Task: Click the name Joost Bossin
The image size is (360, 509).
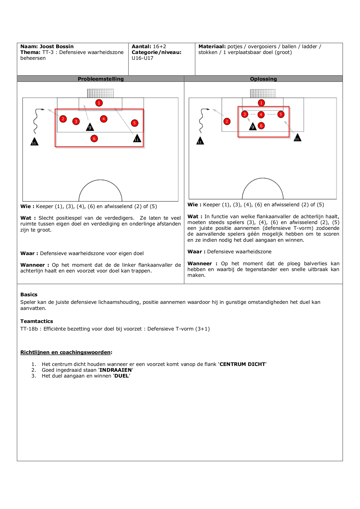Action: click(56, 46)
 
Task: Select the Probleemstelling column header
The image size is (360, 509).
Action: click(101, 79)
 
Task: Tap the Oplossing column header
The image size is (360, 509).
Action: click(263, 79)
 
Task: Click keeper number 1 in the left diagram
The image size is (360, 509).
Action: click(99, 103)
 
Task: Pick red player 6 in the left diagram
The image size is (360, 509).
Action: click(94, 138)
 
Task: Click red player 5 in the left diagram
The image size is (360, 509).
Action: click(134, 123)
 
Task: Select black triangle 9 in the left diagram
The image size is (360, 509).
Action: click(90, 127)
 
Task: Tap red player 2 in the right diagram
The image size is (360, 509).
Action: click(227, 121)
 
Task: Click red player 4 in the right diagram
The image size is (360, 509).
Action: click(261, 114)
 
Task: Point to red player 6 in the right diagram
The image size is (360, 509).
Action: click(261, 126)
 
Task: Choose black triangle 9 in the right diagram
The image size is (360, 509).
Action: click(253, 127)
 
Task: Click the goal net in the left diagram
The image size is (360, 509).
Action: click(100, 93)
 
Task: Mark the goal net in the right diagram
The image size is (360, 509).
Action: click(263, 93)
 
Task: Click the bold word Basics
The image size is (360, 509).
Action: click(29, 295)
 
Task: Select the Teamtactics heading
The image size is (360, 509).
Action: click(37, 321)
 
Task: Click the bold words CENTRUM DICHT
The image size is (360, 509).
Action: click(242, 364)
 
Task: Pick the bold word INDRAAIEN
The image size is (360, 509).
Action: click(115, 370)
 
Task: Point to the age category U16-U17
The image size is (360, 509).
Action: click(142, 58)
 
